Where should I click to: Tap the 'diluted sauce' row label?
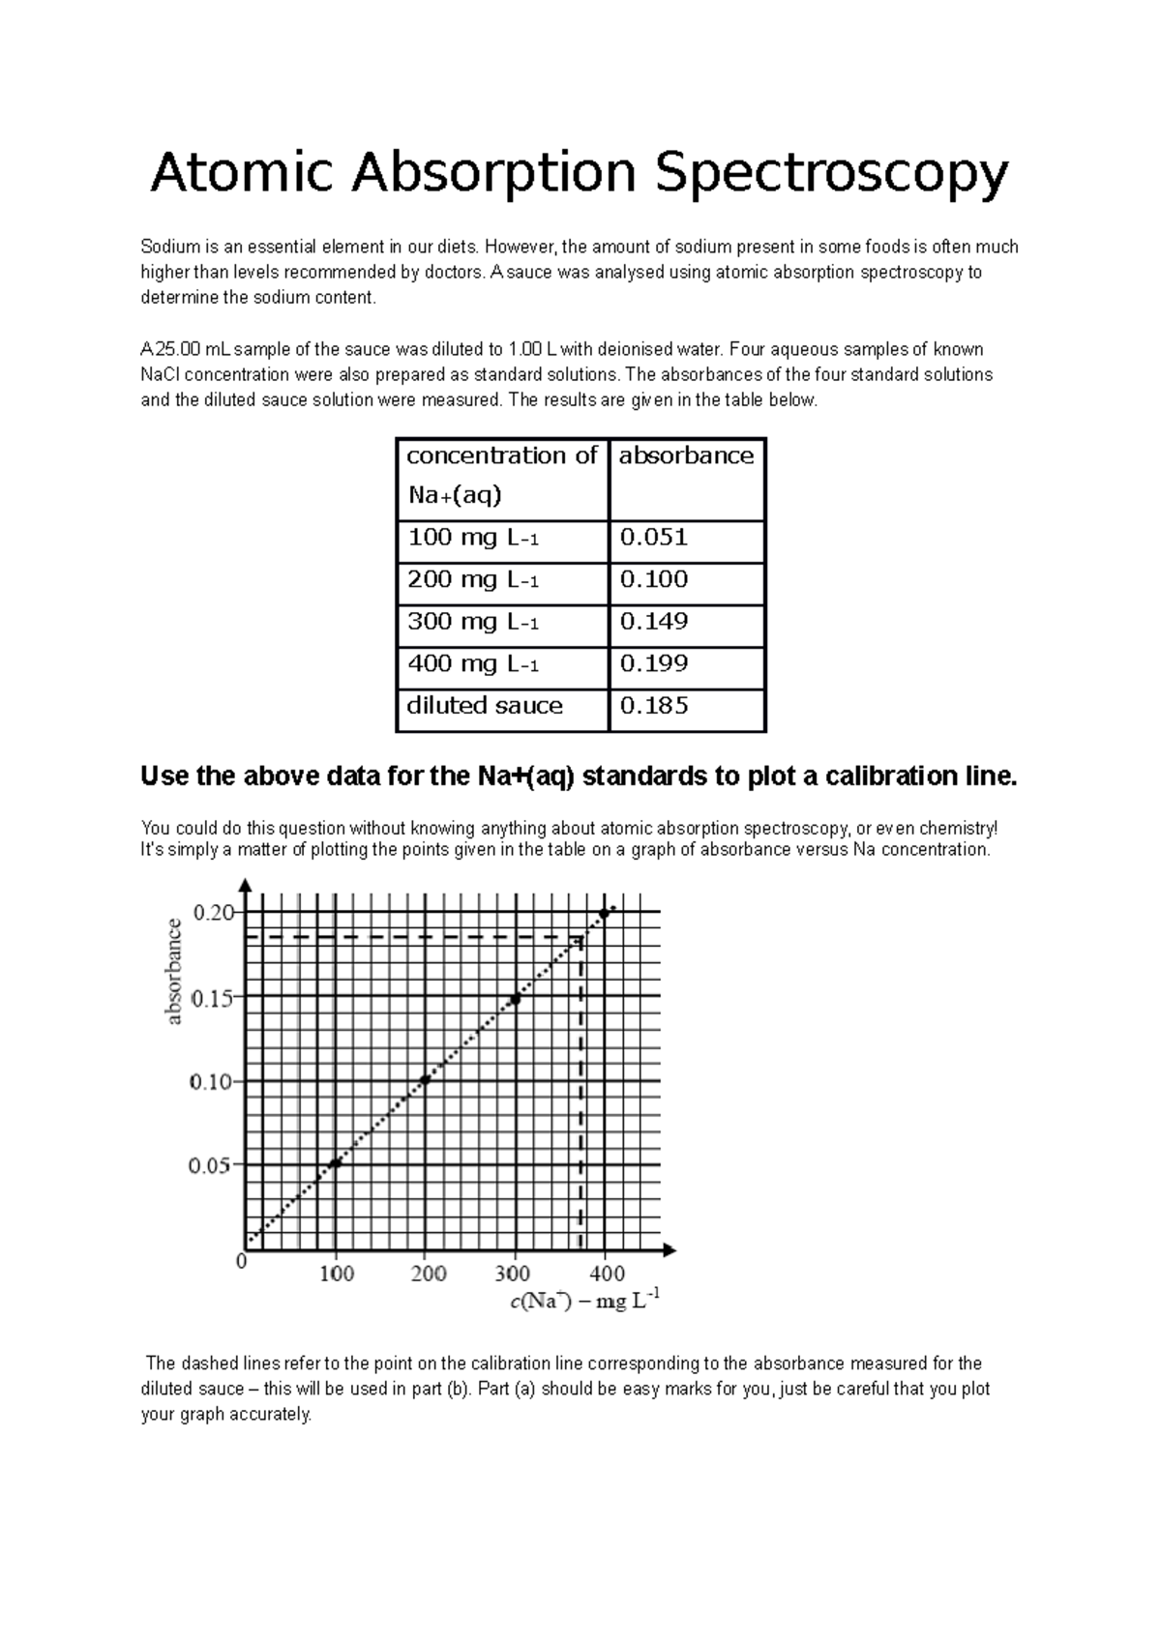click(x=485, y=706)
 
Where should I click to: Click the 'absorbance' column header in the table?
click(x=686, y=456)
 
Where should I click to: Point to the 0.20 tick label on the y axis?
click(x=214, y=912)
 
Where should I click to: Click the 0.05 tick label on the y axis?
click(x=210, y=1166)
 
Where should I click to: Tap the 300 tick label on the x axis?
click(x=513, y=1274)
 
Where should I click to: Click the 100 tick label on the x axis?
click(x=337, y=1274)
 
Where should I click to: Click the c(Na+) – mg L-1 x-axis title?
click(x=585, y=1302)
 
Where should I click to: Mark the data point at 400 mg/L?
click(x=604, y=913)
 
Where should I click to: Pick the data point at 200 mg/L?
click(x=425, y=1080)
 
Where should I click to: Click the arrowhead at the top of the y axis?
click(x=247, y=885)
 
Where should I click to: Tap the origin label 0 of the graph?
click(x=242, y=1262)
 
